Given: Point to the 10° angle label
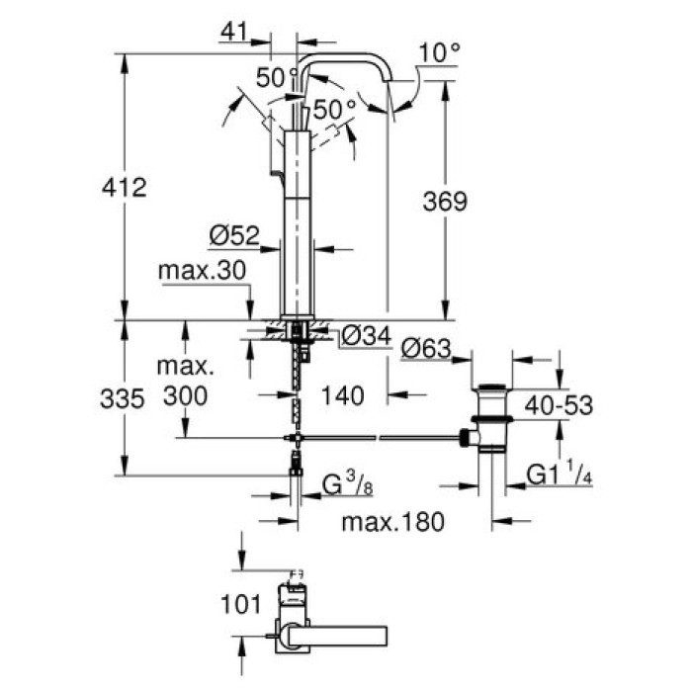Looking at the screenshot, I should [440, 52].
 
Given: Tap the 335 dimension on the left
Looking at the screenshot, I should [126, 398].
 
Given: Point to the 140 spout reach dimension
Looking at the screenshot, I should [344, 394].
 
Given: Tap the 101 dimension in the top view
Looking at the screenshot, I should [241, 602].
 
